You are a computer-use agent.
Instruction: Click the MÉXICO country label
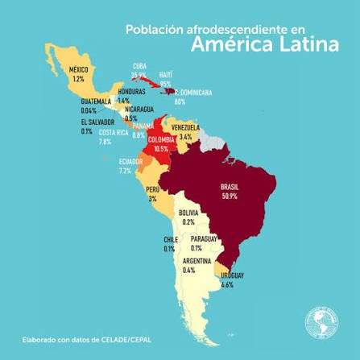pyautogui.click(x=77, y=70)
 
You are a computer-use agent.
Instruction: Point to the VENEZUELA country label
pyautogui.click(x=186, y=129)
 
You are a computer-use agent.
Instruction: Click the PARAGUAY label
pyautogui.click(x=205, y=238)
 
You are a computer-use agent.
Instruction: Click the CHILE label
pyautogui.click(x=170, y=239)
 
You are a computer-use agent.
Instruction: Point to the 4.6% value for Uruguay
pyautogui.click(x=227, y=284)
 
